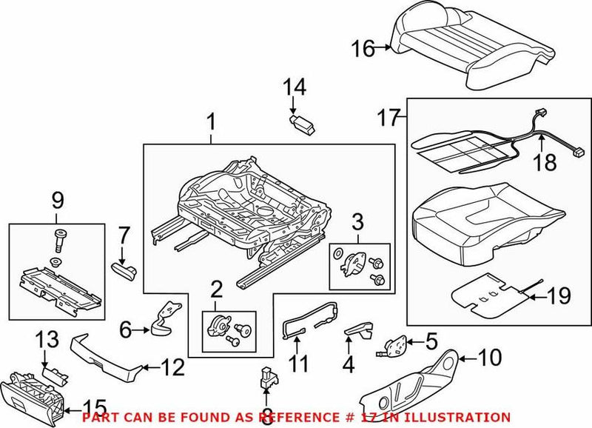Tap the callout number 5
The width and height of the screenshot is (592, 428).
[x=431, y=341]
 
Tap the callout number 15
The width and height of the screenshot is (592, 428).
[x=93, y=407]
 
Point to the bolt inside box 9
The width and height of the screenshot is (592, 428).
[x=58, y=241]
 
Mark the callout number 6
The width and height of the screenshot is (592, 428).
[x=124, y=326]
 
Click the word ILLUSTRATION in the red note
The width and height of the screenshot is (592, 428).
[x=459, y=418]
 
